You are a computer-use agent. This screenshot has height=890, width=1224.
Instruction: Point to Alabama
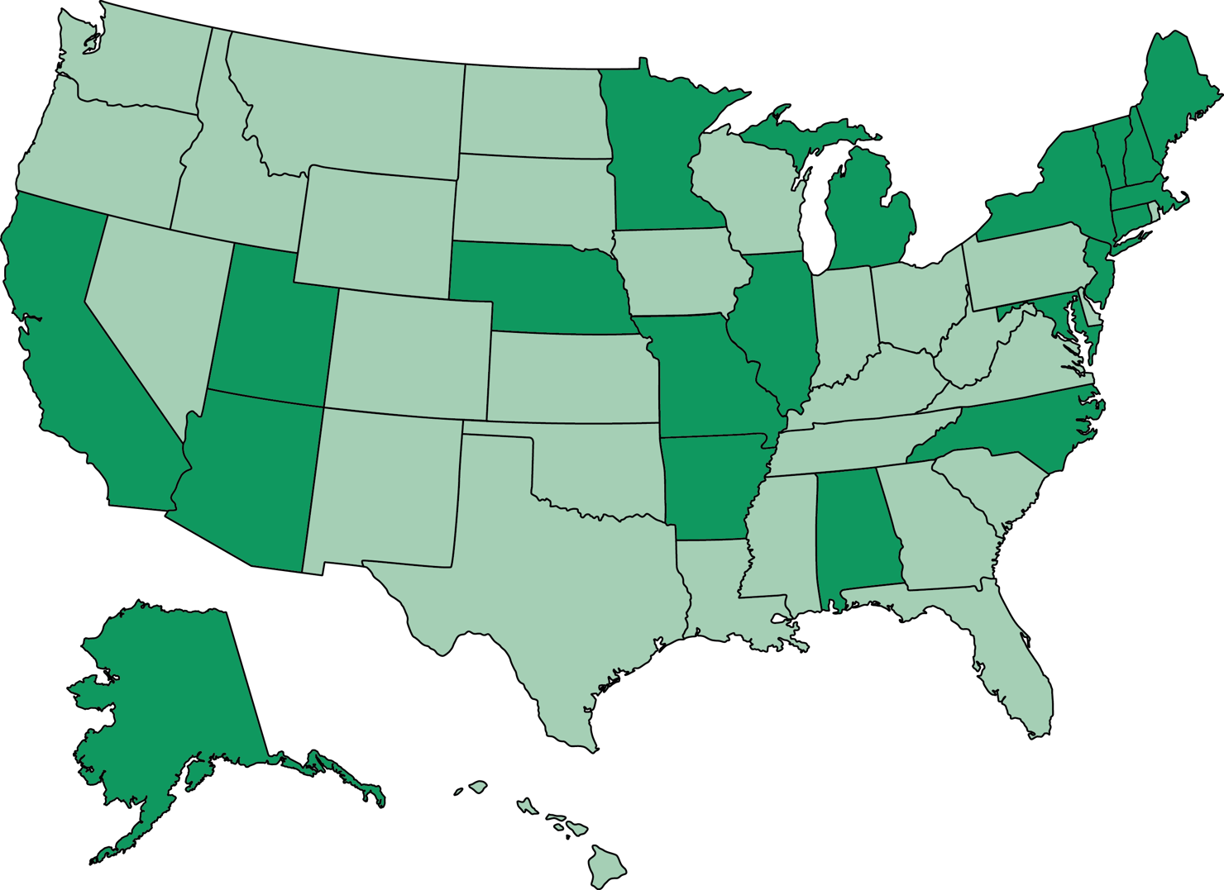click(856, 529)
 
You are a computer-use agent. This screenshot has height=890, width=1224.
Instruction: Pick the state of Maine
click(1170, 99)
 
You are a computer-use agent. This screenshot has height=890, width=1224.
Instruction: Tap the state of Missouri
click(699, 372)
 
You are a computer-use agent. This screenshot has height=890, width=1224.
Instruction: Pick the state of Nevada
click(157, 306)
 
